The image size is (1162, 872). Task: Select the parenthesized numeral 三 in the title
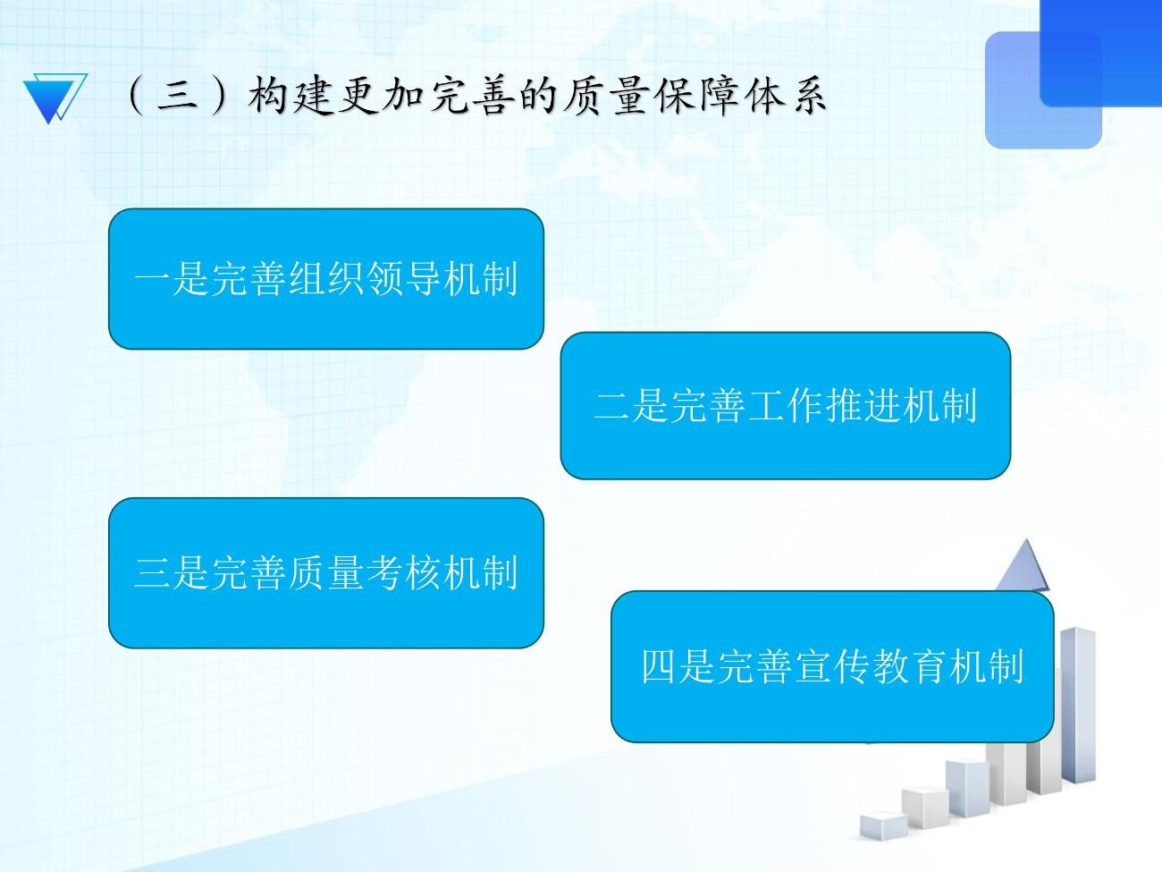pyautogui.click(x=178, y=97)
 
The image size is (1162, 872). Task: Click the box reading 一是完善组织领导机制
pyautogui.click(x=326, y=278)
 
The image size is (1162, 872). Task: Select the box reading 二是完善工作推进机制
pyautogui.click(x=786, y=405)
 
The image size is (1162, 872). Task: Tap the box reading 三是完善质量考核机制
pyautogui.click(x=326, y=573)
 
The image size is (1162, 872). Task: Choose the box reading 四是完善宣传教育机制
pyautogui.click(x=832, y=666)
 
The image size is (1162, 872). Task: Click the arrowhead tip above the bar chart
pyautogui.click(x=1026, y=540)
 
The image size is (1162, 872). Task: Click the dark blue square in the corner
pyautogui.click(x=1101, y=53)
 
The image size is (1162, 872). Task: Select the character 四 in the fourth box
pyautogui.click(x=659, y=666)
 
